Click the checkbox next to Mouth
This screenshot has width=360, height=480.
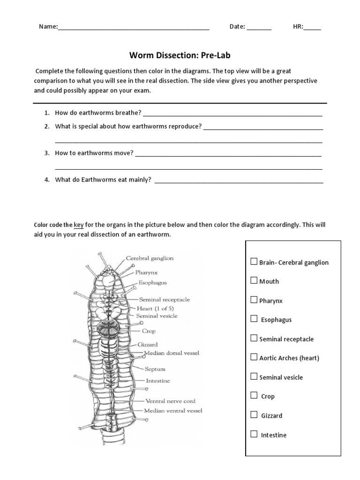click(254, 281)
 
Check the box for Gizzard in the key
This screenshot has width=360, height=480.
click(254, 415)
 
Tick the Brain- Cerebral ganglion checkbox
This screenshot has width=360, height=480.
click(254, 262)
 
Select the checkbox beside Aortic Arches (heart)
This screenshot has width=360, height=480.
click(254, 357)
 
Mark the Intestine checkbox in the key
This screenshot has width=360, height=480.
click(254, 434)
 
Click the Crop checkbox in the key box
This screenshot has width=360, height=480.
click(254, 396)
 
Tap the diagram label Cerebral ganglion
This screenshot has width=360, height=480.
click(150, 258)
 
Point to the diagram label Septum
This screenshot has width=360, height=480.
click(155, 369)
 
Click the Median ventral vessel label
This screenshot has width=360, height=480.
click(173, 411)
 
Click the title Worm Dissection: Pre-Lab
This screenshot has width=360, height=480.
click(180, 56)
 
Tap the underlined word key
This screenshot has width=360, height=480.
click(79, 225)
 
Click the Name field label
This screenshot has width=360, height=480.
click(48, 27)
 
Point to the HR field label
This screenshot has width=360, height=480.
click(298, 27)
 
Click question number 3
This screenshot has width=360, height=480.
click(47, 153)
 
